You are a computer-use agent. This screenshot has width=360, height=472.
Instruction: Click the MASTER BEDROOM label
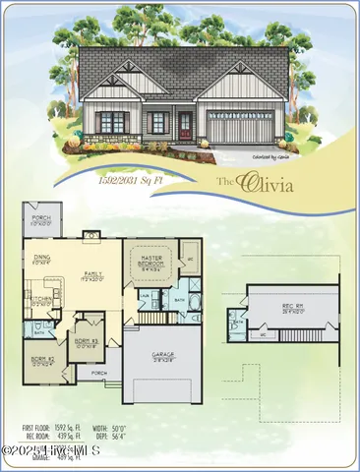coord(154,261)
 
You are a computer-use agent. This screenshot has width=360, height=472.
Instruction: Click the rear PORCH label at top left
coord(41,219)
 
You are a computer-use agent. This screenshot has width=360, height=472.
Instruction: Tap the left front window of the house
coord(110,122)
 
